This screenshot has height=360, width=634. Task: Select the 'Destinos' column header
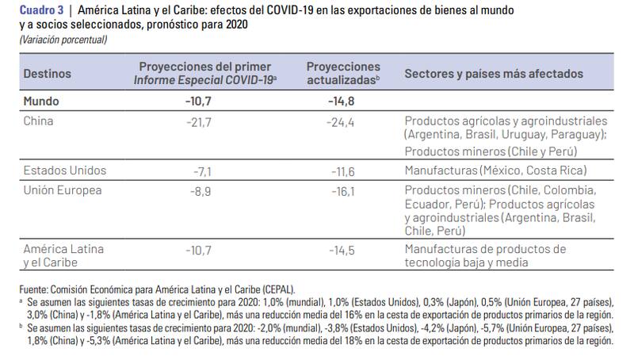(x=47, y=74)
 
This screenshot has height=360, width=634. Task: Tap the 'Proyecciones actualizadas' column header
(x=343, y=74)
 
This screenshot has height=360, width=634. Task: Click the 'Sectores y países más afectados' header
(x=494, y=74)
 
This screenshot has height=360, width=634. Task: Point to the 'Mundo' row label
(x=41, y=101)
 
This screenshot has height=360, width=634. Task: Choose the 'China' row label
(x=38, y=121)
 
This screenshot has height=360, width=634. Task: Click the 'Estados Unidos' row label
(x=65, y=170)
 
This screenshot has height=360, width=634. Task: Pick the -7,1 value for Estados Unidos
(x=203, y=170)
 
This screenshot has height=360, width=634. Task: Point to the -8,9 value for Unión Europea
(x=203, y=190)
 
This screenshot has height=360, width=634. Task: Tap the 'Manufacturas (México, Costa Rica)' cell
(x=495, y=170)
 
